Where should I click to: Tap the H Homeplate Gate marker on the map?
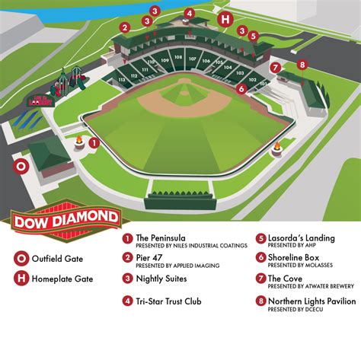click(224, 19)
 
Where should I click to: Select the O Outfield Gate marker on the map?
click(21, 165)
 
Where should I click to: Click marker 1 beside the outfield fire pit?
click(94, 142)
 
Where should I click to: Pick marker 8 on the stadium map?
click(302, 65)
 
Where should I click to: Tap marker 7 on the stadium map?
click(275, 67)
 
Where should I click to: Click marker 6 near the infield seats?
click(241, 89)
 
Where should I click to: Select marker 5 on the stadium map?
click(254, 36)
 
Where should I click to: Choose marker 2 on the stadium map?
click(124, 27)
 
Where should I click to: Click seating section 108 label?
click(178, 57)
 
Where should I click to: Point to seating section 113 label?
click(121, 78)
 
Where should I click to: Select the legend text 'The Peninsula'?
click(160, 237)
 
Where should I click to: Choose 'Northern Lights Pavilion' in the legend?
click(311, 301)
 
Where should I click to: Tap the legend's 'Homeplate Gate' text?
click(62, 279)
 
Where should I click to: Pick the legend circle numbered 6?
click(260, 258)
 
